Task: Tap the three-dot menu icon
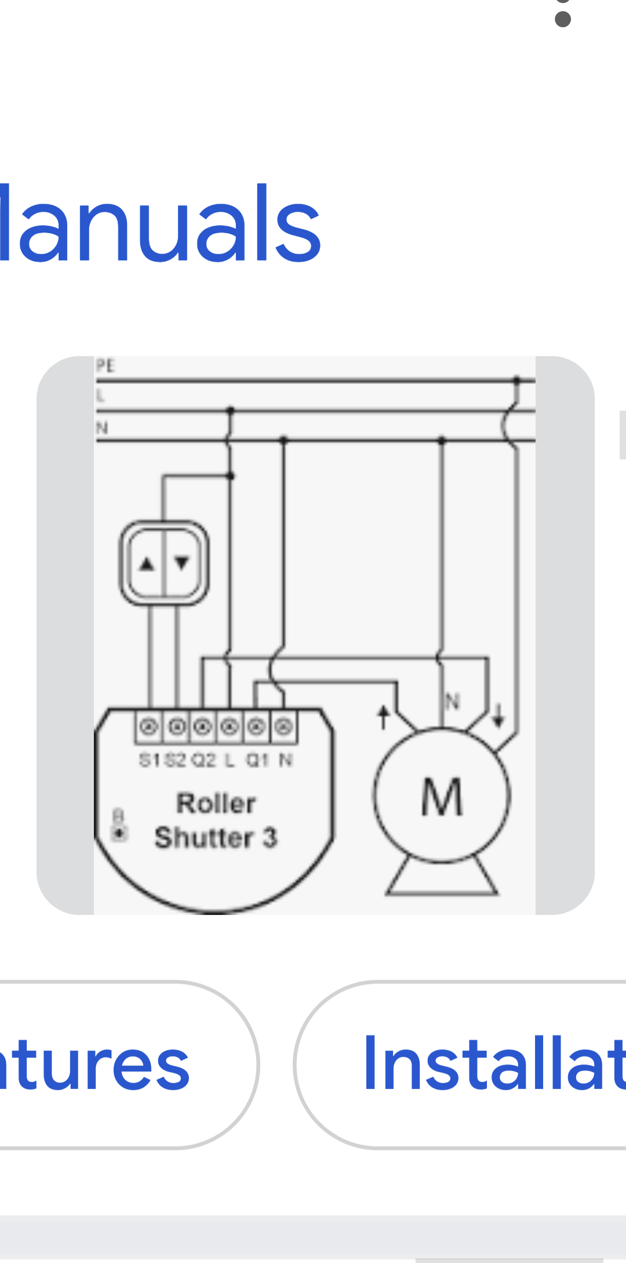click(x=563, y=15)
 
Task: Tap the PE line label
click(x=105, y=365)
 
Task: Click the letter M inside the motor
click(x=442, y=798)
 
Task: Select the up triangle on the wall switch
click(x=147, y=563)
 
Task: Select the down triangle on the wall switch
click(x=182, y=562)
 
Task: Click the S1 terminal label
click(x=148, y=760)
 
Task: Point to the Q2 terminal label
click(x=203, y=760)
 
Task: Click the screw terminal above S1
click(x=150, y=726)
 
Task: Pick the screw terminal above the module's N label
click(x=284, y=726)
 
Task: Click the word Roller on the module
click(x=216, y=804)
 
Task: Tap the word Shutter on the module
click(x=203, y=838)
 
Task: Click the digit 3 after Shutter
click(x=270, y=838)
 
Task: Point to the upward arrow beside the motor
click(x=383, y=717)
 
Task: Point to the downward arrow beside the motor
click(x=498, y=715)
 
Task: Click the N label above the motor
click(x=453, y=701)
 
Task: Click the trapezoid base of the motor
click(x=442, y=879)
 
